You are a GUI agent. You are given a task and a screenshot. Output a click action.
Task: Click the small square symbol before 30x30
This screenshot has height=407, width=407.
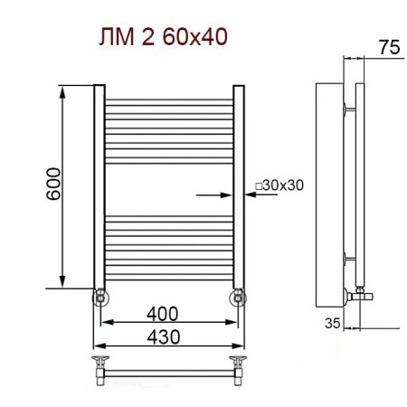(x=260, y=185)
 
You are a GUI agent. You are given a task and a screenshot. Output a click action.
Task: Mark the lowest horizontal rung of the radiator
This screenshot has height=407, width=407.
(x=169, y=279)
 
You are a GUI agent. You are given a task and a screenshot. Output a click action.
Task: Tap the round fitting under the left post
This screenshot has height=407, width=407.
(x=99, y=297)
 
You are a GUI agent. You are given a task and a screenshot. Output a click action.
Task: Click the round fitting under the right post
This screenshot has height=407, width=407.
(x=238, y=297)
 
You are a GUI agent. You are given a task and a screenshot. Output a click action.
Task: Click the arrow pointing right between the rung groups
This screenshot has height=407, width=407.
(x=211, y=193)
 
